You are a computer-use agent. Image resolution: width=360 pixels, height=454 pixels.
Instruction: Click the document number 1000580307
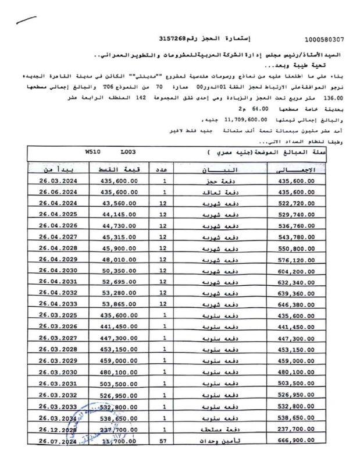point(325,40)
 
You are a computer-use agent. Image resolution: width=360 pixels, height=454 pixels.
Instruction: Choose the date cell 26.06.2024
point(58,191)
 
